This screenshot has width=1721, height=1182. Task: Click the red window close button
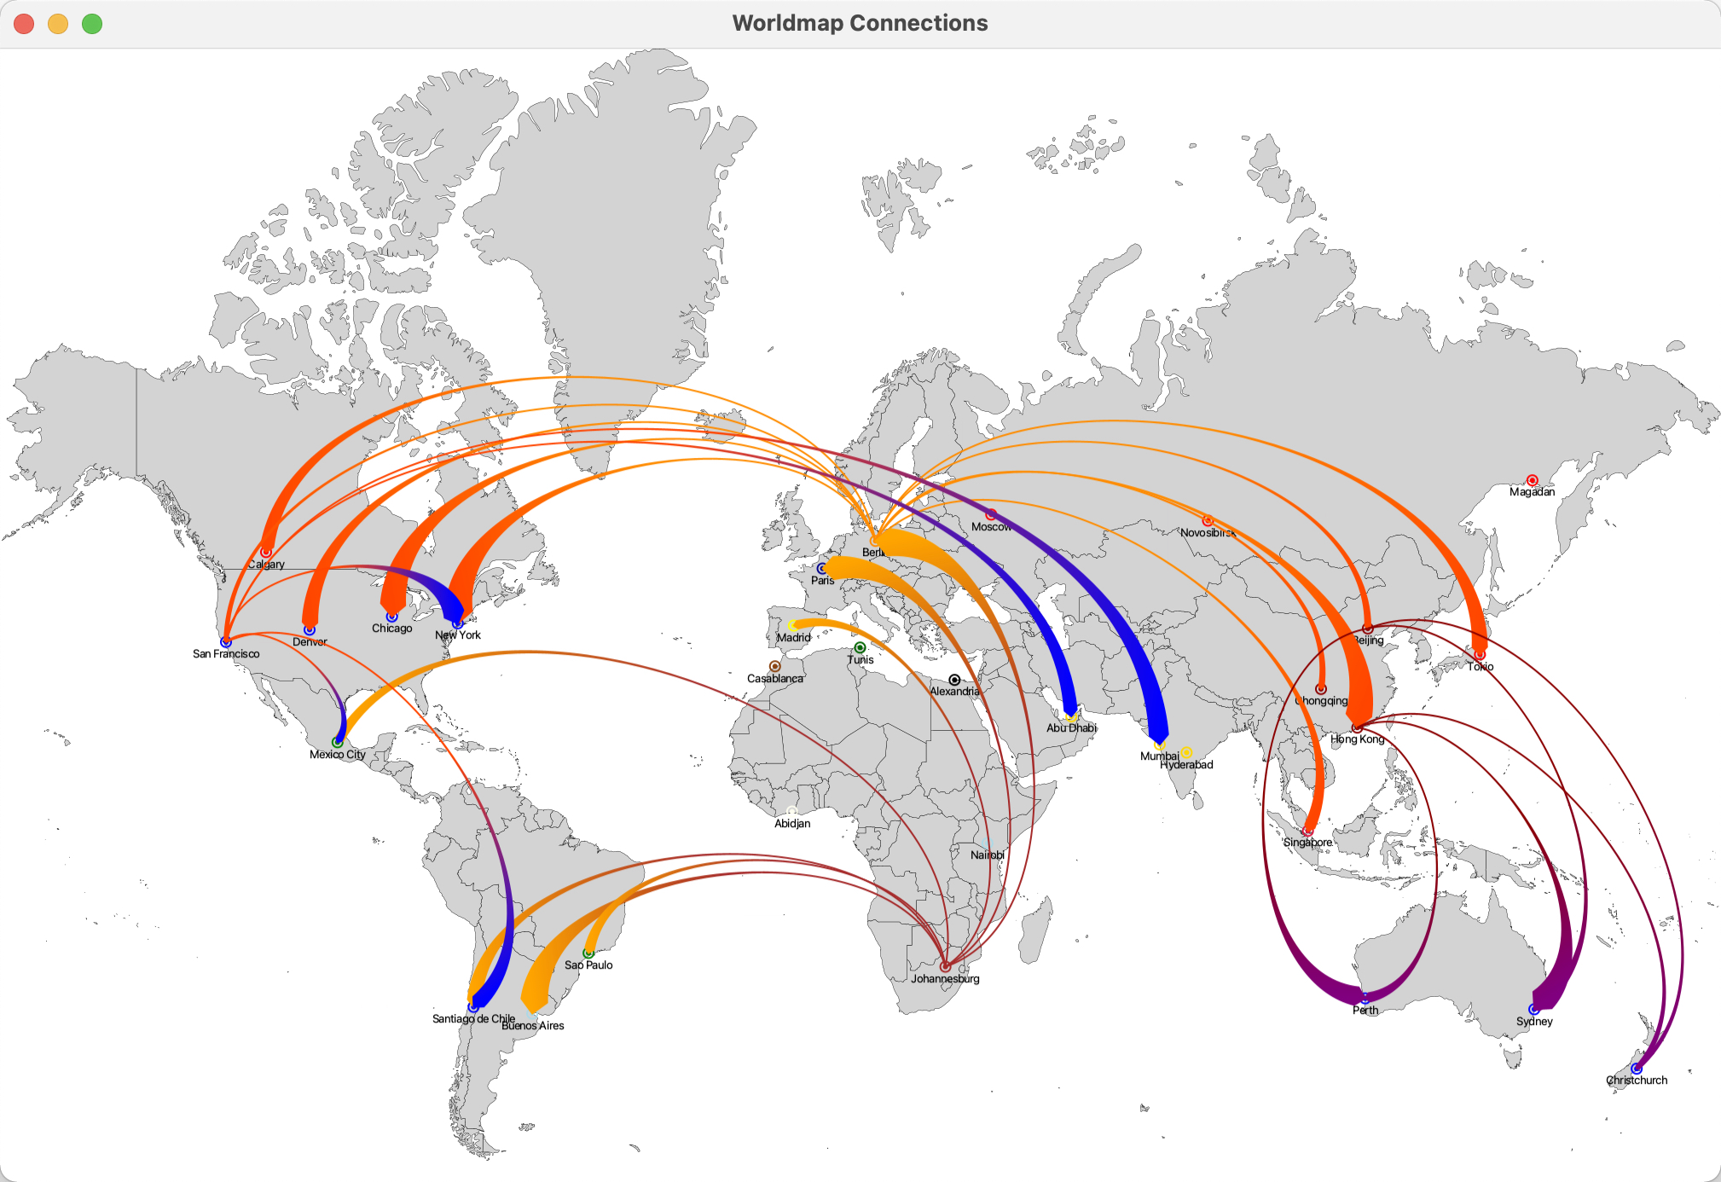click(24, 24)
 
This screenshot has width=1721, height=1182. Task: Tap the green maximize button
click(92, 24)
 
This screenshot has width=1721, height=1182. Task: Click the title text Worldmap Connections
click(860, 23)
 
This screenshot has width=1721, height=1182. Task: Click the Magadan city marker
click(1532, 480)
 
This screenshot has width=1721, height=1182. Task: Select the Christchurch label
click(1636, 1081)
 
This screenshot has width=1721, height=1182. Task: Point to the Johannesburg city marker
click(945, 966)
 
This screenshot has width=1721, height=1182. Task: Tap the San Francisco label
click(226, 654)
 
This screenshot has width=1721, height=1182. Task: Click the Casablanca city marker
click(774, 666)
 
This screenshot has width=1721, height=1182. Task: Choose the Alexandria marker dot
click(954, 680)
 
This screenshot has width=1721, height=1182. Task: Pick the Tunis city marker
click(860, 648)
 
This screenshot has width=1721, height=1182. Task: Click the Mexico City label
click(337, 755)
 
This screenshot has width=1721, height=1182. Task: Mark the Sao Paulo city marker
click(588, 953)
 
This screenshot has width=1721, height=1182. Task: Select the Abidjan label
click(792, 824)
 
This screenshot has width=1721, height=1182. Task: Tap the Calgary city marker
click(266, 553)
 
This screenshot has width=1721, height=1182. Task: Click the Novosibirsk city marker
click(1208, 520)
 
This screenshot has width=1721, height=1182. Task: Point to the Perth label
click(1365, 1011)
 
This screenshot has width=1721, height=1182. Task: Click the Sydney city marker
click(1533, 1010)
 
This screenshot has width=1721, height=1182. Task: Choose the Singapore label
click(1307, 843)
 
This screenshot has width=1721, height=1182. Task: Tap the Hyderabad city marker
click(1186, 753)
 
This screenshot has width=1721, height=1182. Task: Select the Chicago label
click(391, 629)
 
